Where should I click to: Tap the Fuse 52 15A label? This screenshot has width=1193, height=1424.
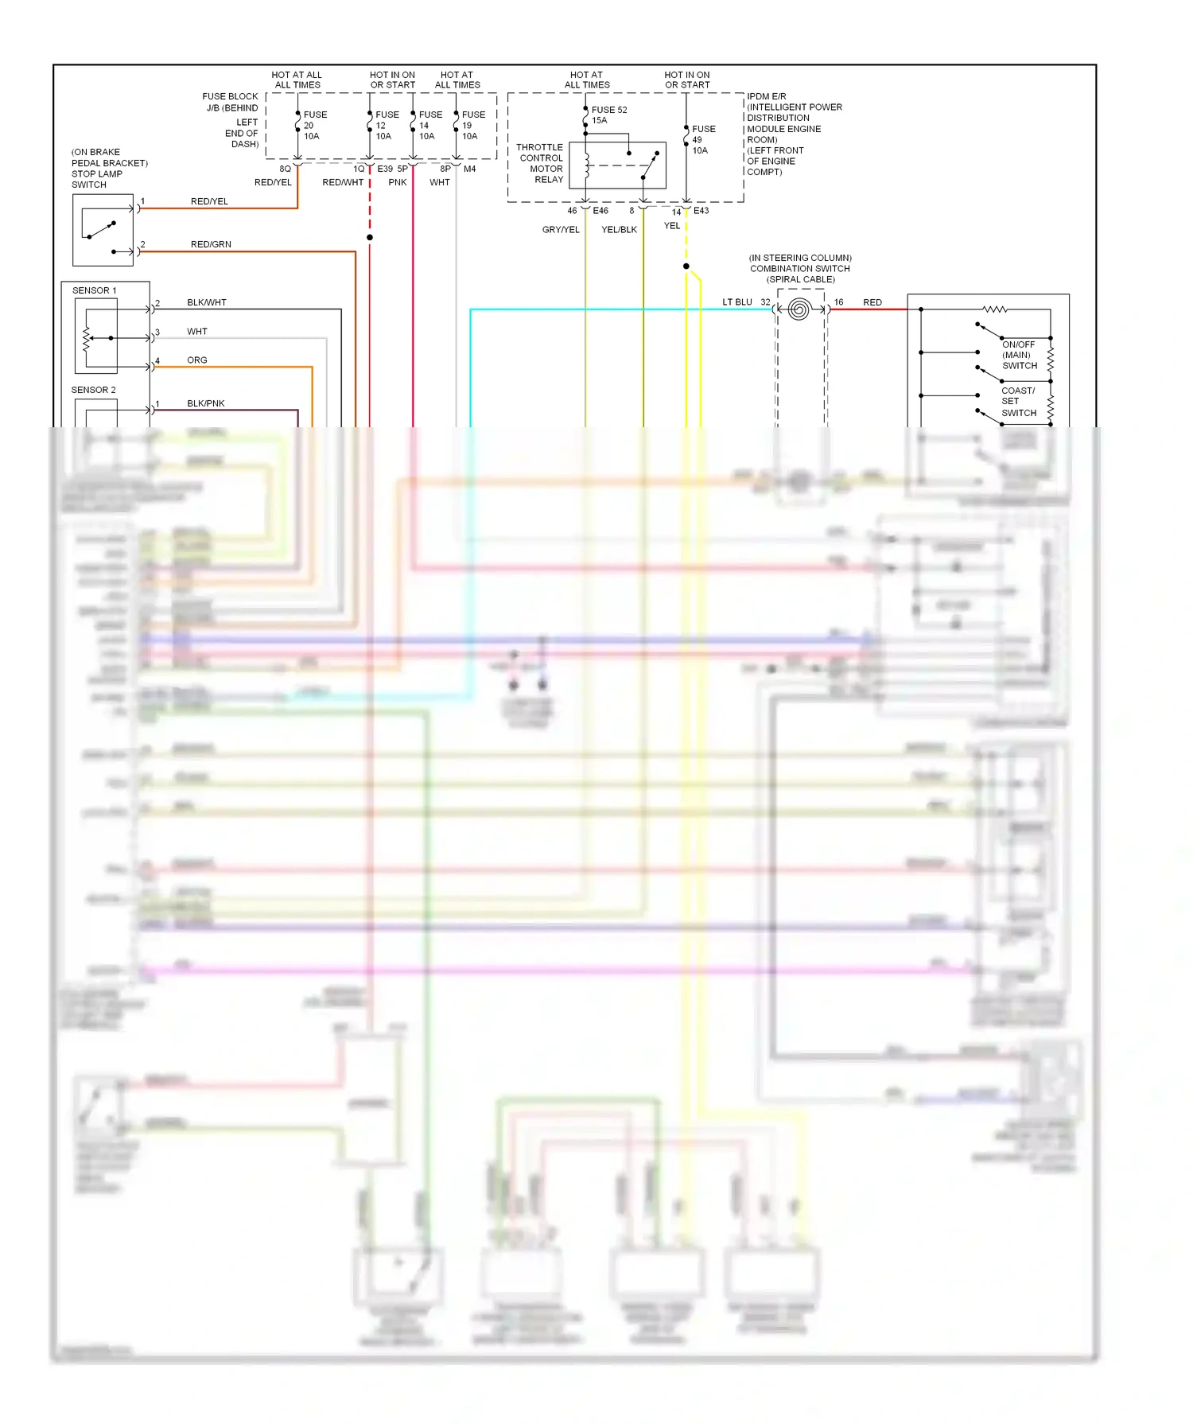608,115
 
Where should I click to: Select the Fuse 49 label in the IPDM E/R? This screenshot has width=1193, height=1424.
703,139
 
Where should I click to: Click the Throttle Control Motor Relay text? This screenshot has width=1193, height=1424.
540,163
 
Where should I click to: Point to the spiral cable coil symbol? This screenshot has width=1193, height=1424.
799,309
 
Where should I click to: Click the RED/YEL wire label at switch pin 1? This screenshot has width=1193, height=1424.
209,201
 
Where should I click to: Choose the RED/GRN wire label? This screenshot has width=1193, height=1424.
211,244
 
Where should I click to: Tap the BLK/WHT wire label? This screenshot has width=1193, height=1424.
207,302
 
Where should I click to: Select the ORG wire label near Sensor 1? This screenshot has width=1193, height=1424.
197,360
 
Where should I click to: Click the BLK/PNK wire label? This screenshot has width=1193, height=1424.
206,403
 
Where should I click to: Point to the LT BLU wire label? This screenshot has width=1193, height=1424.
736,302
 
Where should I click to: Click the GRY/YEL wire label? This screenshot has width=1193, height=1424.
561,230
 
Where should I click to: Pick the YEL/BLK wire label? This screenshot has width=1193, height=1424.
619,230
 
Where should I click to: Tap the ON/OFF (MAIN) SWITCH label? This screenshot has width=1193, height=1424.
1019,355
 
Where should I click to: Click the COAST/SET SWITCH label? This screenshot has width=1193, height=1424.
1018,402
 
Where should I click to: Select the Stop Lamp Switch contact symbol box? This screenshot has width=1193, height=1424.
103,230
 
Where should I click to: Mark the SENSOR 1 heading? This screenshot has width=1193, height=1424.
94,290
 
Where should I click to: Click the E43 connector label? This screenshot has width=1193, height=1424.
701,211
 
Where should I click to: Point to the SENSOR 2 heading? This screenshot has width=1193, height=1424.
93,390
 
